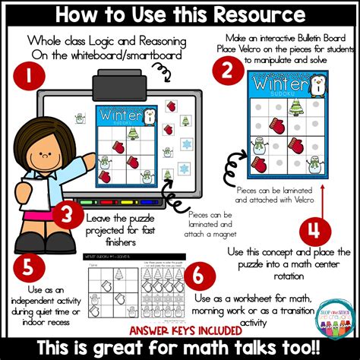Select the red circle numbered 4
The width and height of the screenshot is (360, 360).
pyautogui.click(x=312, y=230)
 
